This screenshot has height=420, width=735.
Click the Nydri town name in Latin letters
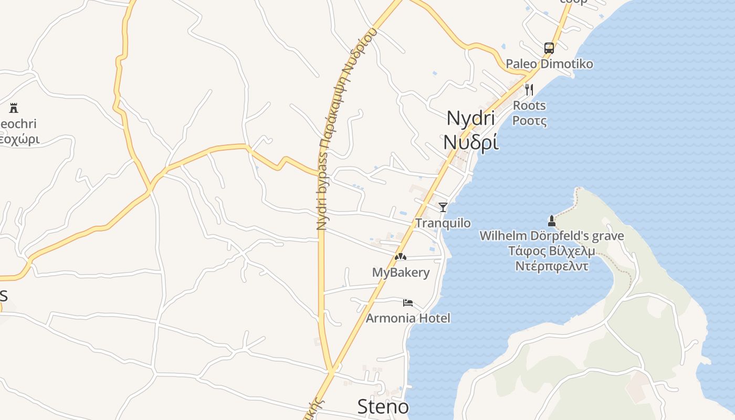pos(470,118)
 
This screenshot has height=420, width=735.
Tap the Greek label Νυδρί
pos(470,142)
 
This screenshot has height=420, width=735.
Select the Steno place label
pos(383,406)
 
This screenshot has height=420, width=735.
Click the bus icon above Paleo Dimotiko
pos(549,48)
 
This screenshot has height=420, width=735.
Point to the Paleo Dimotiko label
pos(549,64)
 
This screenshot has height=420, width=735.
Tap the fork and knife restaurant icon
pos(529,90)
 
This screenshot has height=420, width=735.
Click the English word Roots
pos(529,106)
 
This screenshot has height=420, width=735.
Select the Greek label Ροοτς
pos(529,121)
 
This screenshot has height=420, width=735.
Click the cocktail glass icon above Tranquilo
pos(443,207)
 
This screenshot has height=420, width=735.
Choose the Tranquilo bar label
pos(443,223)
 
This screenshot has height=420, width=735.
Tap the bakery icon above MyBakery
pos(401,257)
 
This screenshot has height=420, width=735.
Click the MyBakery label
pos(401,272)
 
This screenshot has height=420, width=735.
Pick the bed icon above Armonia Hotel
pos(408,302)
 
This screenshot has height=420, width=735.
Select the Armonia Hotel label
pos(408,318)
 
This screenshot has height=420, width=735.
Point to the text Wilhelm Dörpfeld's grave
pos(552,236)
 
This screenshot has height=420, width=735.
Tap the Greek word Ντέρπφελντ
pos(552,266)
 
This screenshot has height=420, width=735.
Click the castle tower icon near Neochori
pos(14,109)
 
